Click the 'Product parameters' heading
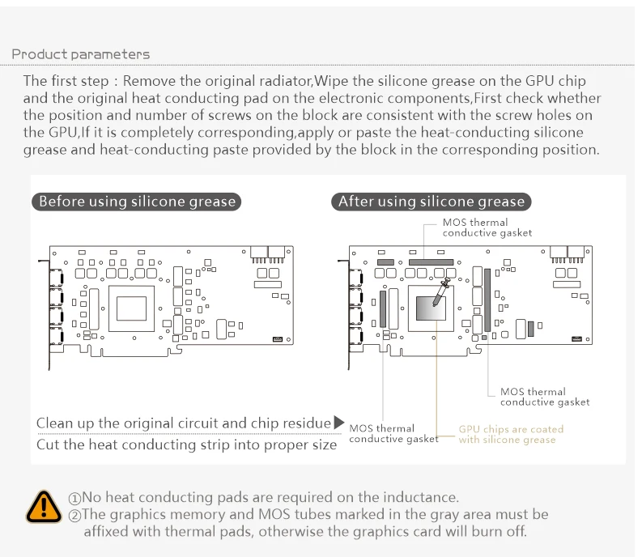[x=80, y=54]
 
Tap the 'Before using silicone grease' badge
[x=137, y=202]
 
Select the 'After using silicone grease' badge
[x=431, y=202]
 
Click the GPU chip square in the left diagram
[x=131, y=308]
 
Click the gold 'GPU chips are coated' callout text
[x=511, y=435]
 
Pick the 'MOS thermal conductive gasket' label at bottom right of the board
[x=545, y=397]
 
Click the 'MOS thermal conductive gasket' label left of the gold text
[x=393, y=433]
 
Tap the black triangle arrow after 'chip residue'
[x=338, y=423]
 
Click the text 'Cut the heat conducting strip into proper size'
[x=186, y=444]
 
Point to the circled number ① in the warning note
[x=74, y=498]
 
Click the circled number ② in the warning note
[x=74, y=515]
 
